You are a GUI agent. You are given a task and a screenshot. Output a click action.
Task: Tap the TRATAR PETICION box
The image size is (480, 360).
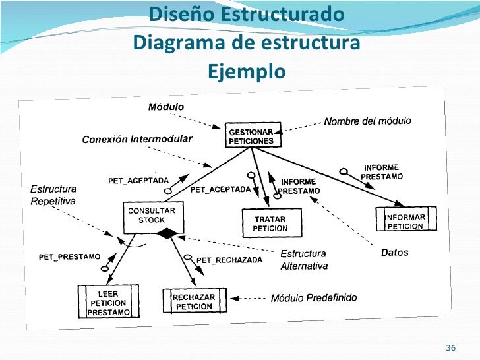(x=271, y=224)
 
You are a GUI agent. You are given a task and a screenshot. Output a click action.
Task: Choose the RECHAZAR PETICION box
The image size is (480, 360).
(x=193, y=301)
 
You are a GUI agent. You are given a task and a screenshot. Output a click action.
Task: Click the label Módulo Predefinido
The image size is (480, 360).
(x=314, y=298)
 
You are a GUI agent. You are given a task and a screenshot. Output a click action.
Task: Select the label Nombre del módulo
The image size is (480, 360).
(x=367, y=121)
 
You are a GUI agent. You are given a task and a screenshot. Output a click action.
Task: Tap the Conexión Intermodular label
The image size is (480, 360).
(x=136, y=139)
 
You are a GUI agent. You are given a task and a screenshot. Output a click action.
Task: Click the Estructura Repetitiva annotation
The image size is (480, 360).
(x=53, y=195)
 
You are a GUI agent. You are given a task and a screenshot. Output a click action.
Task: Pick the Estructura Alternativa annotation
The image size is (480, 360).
(x=304, y=259)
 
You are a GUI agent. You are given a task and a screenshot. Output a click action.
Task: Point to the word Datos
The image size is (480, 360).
(x=395, y=252)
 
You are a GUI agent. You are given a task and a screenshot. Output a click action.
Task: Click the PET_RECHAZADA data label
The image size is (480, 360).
(x=229, y=260)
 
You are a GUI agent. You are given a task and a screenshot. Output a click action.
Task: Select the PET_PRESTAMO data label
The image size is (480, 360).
(x=69, y=256)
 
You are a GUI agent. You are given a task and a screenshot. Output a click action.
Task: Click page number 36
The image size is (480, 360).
(x=452, y=347)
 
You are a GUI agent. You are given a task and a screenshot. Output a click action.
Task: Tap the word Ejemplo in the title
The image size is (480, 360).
(x=247, y=71)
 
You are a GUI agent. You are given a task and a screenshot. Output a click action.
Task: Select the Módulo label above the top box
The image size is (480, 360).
(x=165, y=107)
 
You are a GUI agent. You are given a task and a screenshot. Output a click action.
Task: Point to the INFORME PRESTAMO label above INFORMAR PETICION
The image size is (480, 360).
(x=382, y=172)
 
